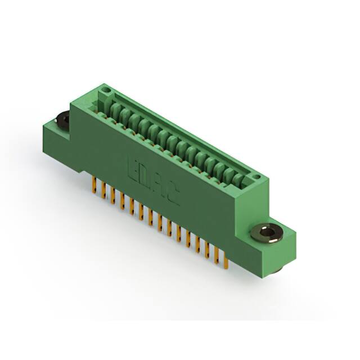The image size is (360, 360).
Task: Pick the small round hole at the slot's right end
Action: click(256, 177)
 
